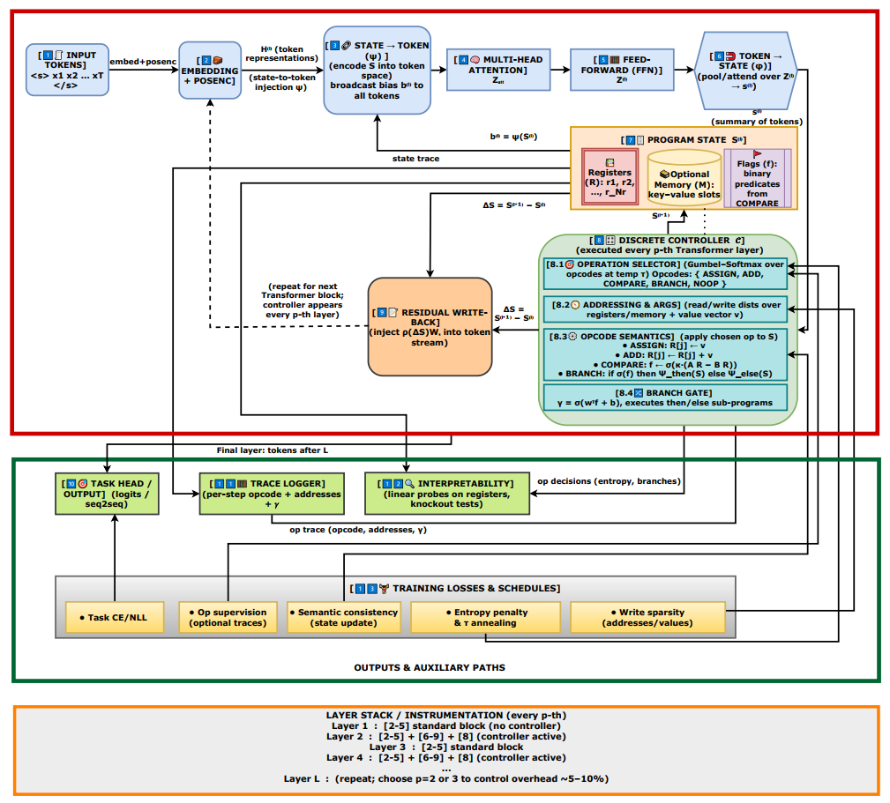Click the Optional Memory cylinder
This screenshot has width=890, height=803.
pos(684,180)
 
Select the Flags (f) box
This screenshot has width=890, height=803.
pos(758,179)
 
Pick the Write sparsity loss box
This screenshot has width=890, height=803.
pos(647,618)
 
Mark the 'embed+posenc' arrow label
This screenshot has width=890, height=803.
pos(144,62)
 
